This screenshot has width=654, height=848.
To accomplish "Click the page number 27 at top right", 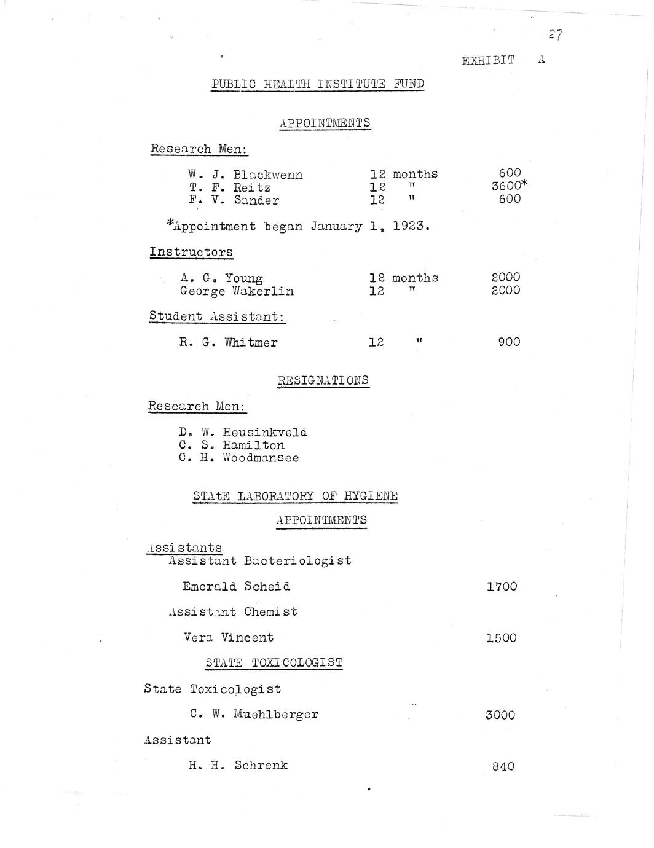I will [x=556, y=36].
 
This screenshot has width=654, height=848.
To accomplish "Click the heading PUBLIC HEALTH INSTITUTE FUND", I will [x=317, y=84].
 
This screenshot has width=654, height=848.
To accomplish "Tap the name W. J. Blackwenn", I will [x=246, y=175].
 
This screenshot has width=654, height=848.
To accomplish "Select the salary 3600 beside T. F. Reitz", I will [x=506, y=187].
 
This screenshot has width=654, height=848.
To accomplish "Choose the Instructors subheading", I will [x=191, y=252].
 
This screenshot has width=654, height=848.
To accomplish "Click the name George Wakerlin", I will [x=237, y=291].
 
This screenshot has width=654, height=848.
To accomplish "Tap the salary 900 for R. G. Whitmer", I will [x=509, y=342].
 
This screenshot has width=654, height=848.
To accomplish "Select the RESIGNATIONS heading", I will [x=323, y=380].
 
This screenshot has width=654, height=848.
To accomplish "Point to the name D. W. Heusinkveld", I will [x=243, y=432].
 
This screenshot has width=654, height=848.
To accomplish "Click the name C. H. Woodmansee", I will [x=239, y=458].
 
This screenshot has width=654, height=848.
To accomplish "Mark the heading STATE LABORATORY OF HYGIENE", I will [x=295, y=496].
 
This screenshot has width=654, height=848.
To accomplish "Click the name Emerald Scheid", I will [x=237, y=586].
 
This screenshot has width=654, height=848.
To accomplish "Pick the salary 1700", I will [x=502, y=587].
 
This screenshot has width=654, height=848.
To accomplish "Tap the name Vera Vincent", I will [x=229, y=637].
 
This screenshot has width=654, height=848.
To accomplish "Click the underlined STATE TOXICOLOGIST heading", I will [x=274, y=663].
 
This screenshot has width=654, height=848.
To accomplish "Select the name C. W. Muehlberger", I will [x=254, y=714].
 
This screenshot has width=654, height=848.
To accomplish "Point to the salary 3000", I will [x=500, y=715].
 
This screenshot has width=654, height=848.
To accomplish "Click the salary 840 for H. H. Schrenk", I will [x=503, y=766].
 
